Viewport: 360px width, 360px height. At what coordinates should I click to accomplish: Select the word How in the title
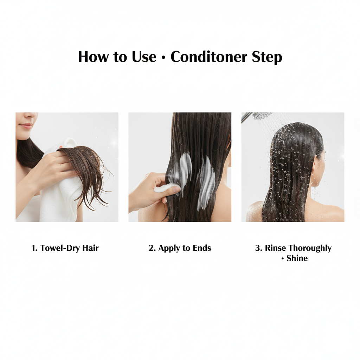click(92, 57)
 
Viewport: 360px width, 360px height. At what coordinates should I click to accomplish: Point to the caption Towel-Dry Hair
click(65, 248)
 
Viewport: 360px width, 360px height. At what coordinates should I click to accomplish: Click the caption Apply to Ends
click(180, 248)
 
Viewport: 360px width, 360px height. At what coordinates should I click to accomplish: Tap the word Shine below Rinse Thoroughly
click(297, 258)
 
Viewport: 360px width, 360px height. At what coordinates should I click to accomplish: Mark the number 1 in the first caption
click(34, 248)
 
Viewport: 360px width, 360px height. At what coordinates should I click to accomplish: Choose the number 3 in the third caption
click(258, 248)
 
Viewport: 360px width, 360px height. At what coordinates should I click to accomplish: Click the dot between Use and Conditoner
click(163, 58)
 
